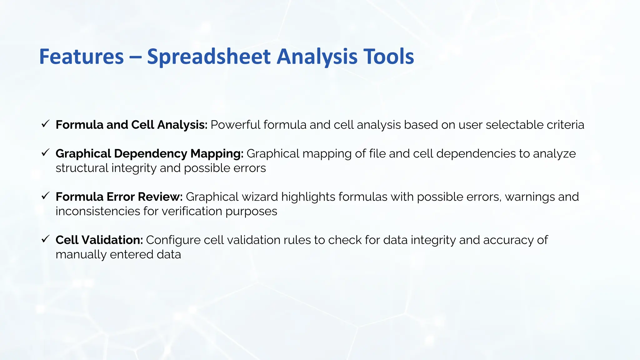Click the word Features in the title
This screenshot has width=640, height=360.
pyautogui.click(x=81, y=57)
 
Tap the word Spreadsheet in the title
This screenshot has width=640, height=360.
pyautogui.click(x=208, y=57)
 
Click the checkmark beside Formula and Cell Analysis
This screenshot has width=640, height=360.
pyautogui.click(x=45, y=124)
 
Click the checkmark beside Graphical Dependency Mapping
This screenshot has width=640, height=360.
pyautogui.click(x=45, y=153)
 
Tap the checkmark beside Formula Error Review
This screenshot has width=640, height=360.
pyautogui.click(x=45, y=196)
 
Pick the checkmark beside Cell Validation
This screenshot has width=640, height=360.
pyautogui.click(x=45, y=239)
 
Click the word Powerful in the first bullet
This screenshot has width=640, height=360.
pyautogui.click(x=235, y=125)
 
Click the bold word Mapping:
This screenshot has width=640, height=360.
pyautogui.click(x=217, y=154)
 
